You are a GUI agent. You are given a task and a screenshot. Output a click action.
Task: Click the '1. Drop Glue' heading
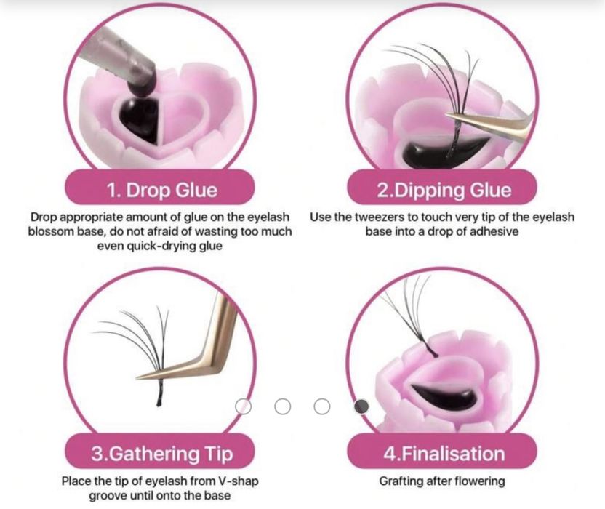click(161, 190)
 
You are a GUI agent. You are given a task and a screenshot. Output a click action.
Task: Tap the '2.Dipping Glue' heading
click(444, 190)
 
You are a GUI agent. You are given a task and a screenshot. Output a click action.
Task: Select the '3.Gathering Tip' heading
click(162, 454)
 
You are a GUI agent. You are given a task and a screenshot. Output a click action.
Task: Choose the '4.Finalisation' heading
click(444, 454)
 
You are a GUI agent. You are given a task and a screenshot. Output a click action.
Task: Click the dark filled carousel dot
click(361, 406)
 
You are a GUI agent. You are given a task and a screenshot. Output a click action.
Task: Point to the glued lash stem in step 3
click(160, 392)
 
